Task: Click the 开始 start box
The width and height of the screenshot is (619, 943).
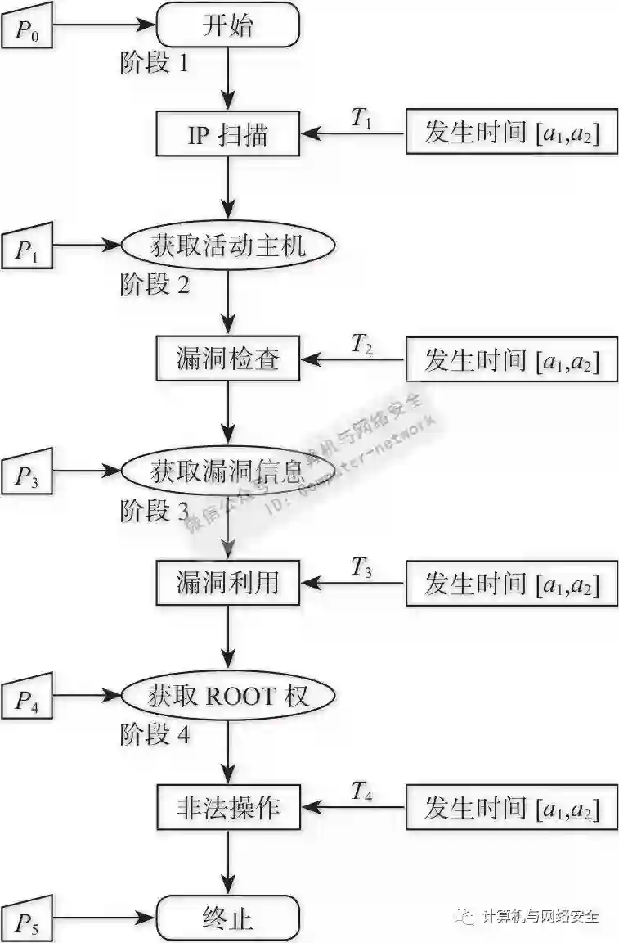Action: pyautogui.click(x=227, y=26)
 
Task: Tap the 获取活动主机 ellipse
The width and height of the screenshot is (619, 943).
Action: pyautogui.click(x=228, y=245)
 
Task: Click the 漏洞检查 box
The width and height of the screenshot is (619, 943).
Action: pyautogui.click(x=228, y=359)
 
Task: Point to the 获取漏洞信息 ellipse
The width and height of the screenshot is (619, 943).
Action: pyautogui.click(x=228, y=471)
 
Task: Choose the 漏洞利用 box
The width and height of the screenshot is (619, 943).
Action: pyautogui.click(x=228, y=583)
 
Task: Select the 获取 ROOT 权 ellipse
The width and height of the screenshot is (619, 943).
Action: pyautogui.click(x=228, y=696)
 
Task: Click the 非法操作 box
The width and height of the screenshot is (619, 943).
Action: pyautogui.click(x=228, y=808)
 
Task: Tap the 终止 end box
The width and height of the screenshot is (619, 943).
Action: pyautogui.click(x=227, y=917)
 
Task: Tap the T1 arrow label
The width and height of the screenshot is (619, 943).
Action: pyautogui.click(x=362, y=119)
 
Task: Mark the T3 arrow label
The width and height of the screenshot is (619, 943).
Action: pyautogui.click(x=362, y=566)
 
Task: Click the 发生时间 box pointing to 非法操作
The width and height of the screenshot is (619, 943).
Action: pyautogui.click(x=511, y=809)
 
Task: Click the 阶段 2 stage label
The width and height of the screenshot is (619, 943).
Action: pyautogui.click(x=155, y=285)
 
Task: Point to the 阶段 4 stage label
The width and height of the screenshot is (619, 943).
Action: pyautogui.click(x=155, y=734)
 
